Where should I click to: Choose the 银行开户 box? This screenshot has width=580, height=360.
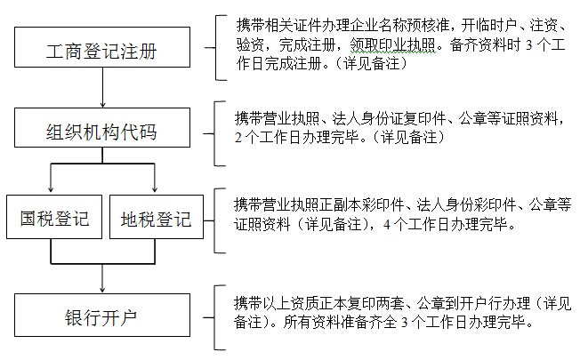(104, 316)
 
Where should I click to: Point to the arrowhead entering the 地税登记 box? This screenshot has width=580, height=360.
(156, 189)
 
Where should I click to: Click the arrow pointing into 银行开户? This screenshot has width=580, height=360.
(104, 283)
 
